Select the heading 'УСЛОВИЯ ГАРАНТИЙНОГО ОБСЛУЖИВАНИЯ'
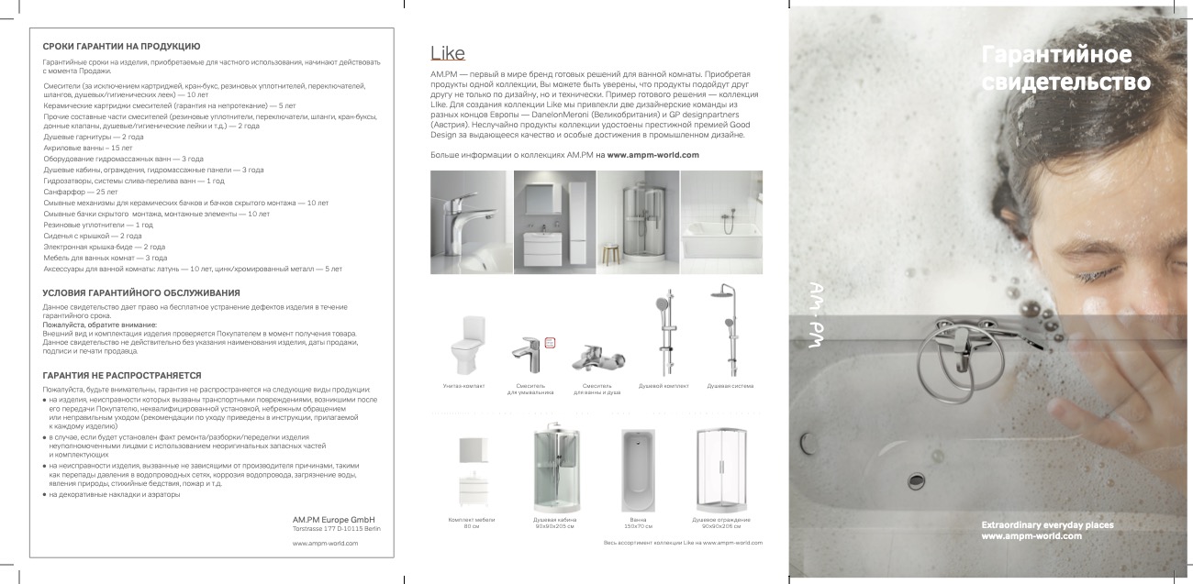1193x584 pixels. pyautogui.click(x=142, y=292)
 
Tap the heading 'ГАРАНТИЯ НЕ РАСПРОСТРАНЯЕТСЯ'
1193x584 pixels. pyautogui.click(x=122, y=375)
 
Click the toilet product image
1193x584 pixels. pyautogui.click(x=458, y=346)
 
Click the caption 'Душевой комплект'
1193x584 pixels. pyautogui.click(x=663, y=386)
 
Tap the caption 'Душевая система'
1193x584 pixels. pyautogui.click(x=730, y=386)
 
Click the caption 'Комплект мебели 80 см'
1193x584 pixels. pyautogui.click(x=471, y=523)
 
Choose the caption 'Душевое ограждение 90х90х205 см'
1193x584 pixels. pyautogui.click(x=720, y=523)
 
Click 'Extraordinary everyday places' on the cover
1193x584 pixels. pyautogui.click(x=1047, y=524)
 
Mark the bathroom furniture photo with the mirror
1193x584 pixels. pyautogui.click(x=554, y=222)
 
